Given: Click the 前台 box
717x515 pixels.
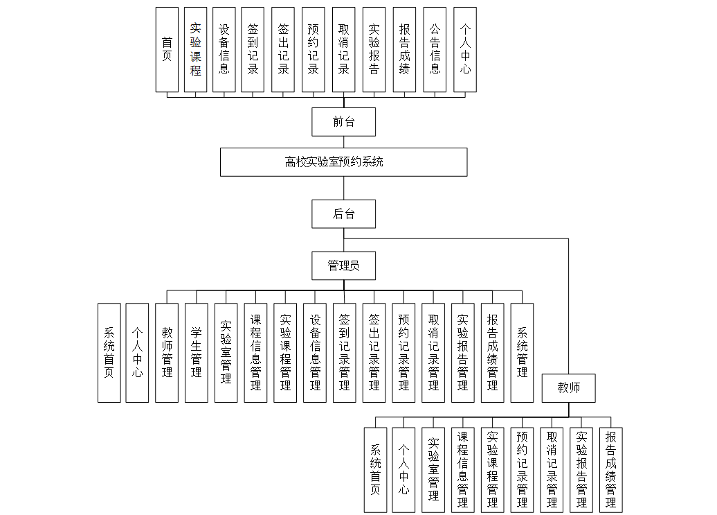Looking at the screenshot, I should click(343, 122).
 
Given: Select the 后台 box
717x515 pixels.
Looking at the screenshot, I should click(343, 213).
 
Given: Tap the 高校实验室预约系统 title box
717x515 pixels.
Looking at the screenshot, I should click(343, 162).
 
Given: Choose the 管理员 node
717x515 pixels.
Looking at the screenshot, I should click(343, 265).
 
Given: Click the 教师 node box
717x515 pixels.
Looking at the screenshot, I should click(569, 388).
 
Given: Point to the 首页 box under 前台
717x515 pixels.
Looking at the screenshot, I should click(167, 50).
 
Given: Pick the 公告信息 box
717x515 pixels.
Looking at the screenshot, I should click(435, 50).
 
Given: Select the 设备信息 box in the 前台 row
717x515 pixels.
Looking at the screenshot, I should click(224, 50).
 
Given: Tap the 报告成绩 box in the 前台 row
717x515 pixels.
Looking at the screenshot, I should click(404, 50).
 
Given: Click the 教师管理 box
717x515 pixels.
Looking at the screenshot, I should click(167, 352).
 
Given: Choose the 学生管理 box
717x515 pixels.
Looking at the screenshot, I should click(197, 352).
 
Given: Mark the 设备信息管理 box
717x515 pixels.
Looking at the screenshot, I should click(315, 352).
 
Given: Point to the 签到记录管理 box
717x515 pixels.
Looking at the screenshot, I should click(345, 352).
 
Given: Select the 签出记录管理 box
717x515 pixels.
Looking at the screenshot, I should click(374, 352).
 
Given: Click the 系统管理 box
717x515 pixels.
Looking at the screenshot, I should click(522, 352).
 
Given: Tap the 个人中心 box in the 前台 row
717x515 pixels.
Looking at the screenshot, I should click(465, 50).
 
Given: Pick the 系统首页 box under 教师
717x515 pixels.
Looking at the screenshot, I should click(375, 469).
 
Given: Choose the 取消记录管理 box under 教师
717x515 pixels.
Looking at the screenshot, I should click(552, 469).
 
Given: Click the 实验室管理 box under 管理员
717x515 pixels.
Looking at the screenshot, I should click(226, 352).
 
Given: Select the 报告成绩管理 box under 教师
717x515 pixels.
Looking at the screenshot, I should click(610, 469).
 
